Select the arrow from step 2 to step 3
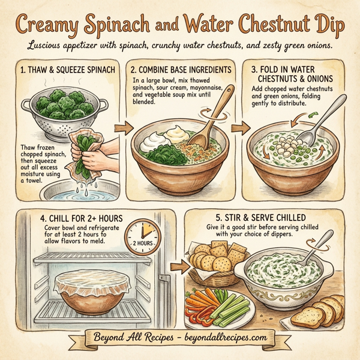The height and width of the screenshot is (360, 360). click(x=239, y=127)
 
